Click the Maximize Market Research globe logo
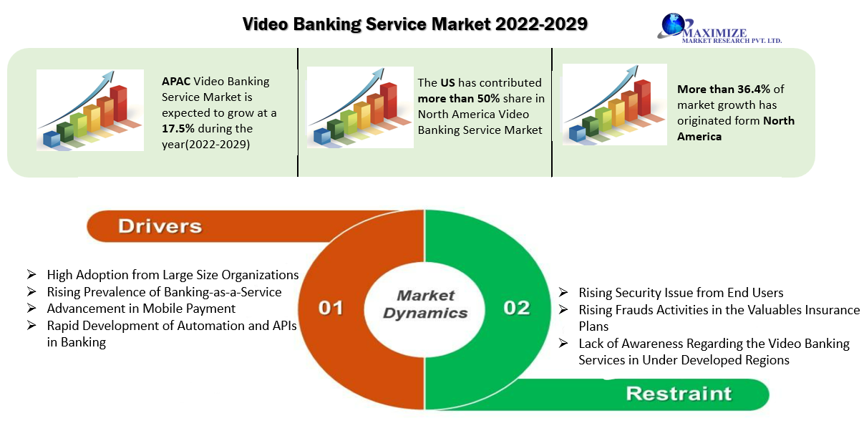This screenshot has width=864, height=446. tap(673, 24)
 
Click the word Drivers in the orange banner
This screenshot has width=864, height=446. tap(160, 226)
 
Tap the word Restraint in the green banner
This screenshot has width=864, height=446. tap(679, 394)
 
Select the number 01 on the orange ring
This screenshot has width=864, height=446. tap(331, 308)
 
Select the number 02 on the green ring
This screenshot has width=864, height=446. tap(517, 308)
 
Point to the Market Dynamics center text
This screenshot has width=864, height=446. tap(425, 304)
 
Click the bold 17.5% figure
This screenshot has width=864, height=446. tap(178, 128)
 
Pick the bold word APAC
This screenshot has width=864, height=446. tap(176, 82)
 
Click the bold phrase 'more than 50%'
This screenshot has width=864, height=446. tap(459, 99)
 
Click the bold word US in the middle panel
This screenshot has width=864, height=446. tap(447, 82)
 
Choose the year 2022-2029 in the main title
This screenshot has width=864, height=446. tap(541, 24)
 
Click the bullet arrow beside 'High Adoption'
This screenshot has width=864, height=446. tap(31, 275)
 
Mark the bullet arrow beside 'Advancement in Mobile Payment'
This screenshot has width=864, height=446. tap(31, 309)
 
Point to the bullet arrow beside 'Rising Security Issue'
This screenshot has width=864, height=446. tap(563, 293)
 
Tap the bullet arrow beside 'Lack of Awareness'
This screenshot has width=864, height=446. tap(563, 343)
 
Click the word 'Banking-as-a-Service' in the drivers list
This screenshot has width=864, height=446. tap(220, 292)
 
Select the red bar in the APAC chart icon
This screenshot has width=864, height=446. tap(118, 103)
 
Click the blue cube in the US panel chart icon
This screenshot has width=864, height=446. tap(322, 136)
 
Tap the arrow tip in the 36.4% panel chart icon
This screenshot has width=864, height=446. tap(637, 67)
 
